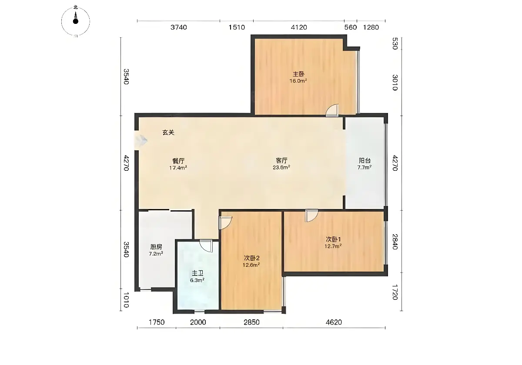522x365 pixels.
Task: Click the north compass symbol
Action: (x=76, y=21)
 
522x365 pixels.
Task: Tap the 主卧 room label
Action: (x=298, y=74)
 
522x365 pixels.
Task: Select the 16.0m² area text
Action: (x=298, y=81)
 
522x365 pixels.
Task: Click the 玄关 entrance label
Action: (x=168, y=133)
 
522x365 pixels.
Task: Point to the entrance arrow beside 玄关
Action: (x=141, y=140)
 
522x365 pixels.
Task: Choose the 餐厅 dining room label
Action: (x=178, y=161)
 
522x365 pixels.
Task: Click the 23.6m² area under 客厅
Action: (x=281, y=167)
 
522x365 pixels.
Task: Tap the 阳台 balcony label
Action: (x=365, y=160)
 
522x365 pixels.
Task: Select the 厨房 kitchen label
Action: (x=156, y=246)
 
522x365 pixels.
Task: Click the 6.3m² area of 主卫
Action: (x=197, y=280)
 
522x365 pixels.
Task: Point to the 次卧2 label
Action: (x=252, y=258)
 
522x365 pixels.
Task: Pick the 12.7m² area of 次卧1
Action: (x=333, y=246)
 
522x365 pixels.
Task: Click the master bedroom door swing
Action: (x=332, y=110)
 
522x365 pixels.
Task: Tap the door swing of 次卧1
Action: (x=312, y=216)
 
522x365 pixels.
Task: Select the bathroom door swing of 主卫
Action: (x=206, y=246)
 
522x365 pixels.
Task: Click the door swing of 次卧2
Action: (x=225, y=223)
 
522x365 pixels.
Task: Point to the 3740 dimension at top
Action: (x=178, y=27)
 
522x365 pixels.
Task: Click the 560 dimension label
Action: (x=351, y=27)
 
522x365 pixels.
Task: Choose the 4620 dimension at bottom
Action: (x=334, y=322)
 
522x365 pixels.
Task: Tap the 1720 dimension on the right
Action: (x=395, y=292)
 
